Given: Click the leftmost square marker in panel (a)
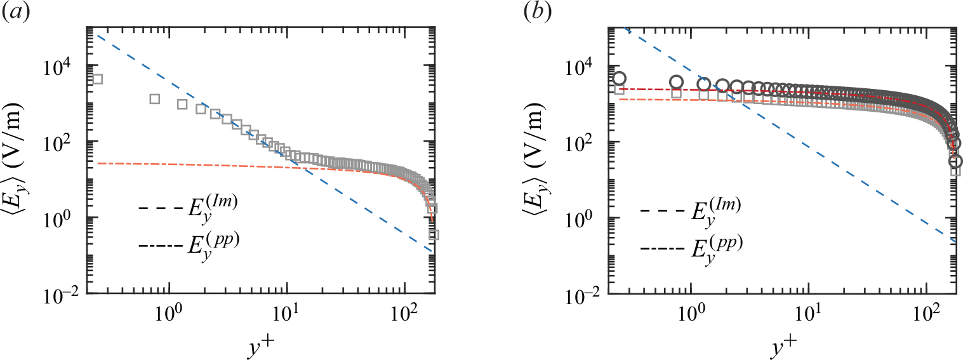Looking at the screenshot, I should (97, 79).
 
